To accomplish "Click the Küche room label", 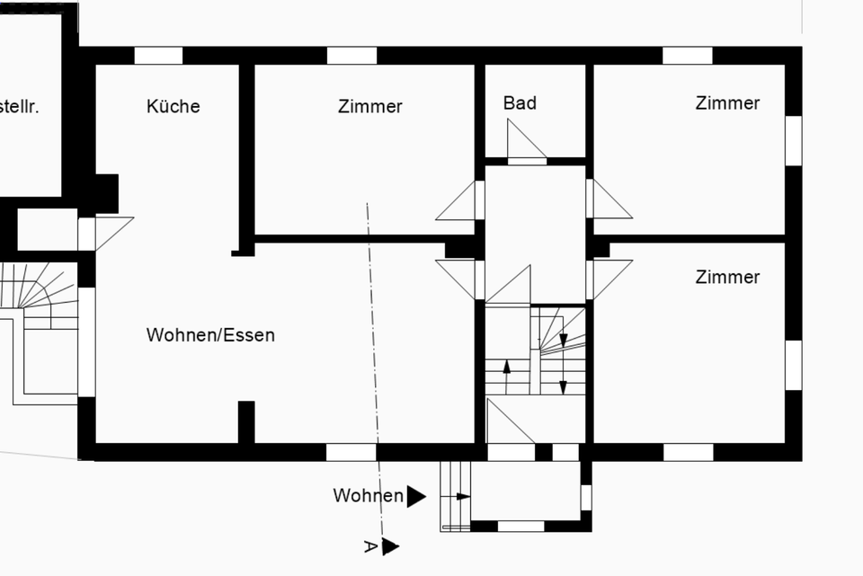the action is tap(173, 106).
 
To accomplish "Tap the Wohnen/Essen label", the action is tap(210, 335).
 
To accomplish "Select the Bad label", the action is tap(520, 102).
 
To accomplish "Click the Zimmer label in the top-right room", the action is tap(727, 102).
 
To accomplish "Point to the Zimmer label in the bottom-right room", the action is tap(727, 277).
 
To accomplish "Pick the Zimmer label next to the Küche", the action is tap(369, 106).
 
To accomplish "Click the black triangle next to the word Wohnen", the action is tap(415, 496).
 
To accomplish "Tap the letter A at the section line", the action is tap(369, 545).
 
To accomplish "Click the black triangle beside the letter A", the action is tap(389, 546).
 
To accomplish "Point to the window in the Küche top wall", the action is tap(158, 56).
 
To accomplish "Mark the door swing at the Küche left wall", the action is tap(110, 231).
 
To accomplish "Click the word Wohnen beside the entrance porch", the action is tap(368, 496).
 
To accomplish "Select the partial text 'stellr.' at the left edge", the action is tap(20, 106).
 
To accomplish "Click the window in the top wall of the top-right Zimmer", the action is tap(687, 56).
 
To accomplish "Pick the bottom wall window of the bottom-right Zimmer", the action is tap(688, 452).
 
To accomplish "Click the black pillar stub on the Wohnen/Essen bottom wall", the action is tap(245, 421).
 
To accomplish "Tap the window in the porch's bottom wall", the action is tap(521, 526).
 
